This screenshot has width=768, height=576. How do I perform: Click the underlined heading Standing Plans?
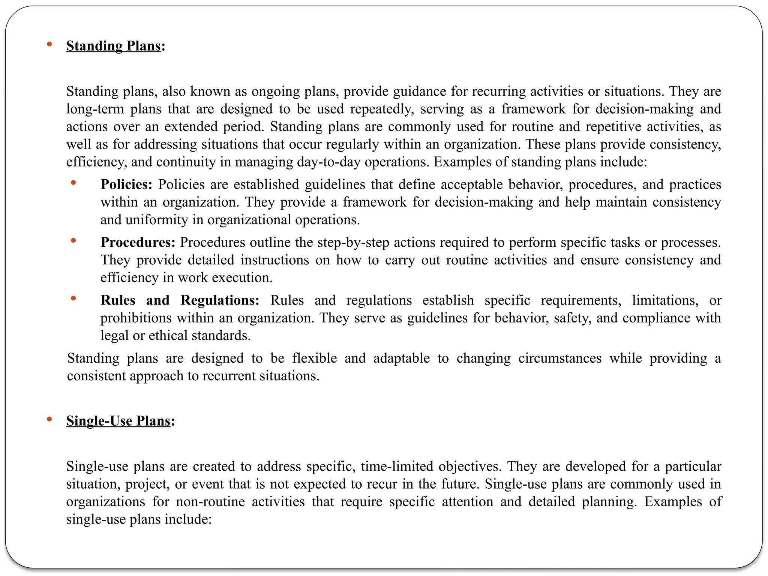click(113, 46)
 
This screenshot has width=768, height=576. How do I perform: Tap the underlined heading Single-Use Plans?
click(118, 421)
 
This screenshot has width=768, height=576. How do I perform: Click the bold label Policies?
click(126, 184)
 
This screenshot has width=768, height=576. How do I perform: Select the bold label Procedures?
click(138, 242)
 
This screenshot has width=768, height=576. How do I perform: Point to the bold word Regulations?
click(220, 300)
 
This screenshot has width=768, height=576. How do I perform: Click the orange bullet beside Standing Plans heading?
click(49, 44)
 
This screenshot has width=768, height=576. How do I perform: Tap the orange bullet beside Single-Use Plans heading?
click(49, 419)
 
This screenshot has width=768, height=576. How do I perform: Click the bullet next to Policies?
click(73, 183)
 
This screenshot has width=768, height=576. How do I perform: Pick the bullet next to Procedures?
click(73, 240)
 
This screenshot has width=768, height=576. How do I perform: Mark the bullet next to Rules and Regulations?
click(73, 298)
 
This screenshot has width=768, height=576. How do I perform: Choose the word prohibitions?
click(136, 318)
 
